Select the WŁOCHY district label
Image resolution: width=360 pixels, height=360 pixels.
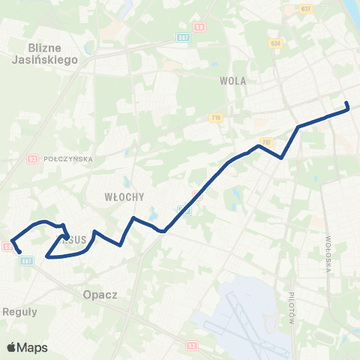(x=118, y=196)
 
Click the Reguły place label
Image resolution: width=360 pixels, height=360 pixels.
(x=16, y=310)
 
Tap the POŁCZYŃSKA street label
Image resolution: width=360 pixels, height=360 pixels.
(x=67, y=159)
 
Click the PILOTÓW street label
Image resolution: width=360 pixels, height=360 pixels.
(x=291, y=307)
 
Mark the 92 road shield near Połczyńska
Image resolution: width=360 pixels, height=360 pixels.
(x=32, y=158)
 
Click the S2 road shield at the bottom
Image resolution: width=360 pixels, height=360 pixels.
(x=192, y=346)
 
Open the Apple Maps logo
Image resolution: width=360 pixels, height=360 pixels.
(x=27, y=347)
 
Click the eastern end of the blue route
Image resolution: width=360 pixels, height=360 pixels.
(x=346, y=103)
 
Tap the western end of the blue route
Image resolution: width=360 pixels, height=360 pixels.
(x=19, y=252)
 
